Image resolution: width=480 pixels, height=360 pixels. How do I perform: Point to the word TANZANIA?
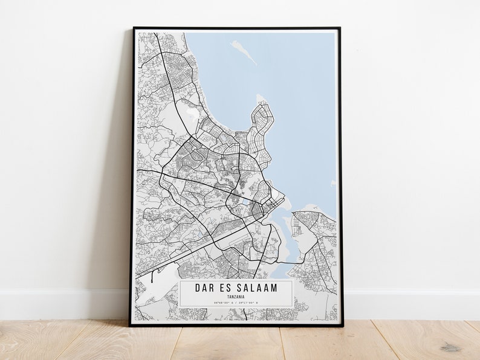point(236,297)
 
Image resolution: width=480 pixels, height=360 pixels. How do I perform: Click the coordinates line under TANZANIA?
point(236,302)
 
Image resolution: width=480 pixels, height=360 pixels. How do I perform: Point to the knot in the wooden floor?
point(450,348)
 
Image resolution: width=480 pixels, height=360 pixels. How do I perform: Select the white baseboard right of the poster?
point(411,304)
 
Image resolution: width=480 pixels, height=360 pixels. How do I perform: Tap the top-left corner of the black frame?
point(134,28)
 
